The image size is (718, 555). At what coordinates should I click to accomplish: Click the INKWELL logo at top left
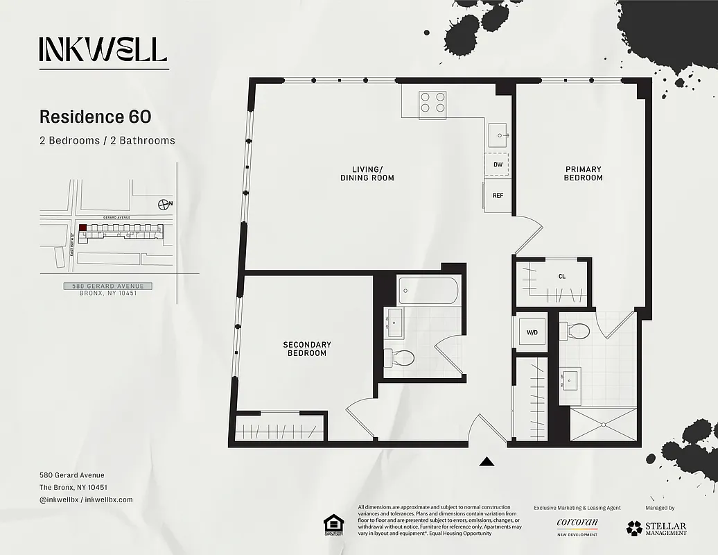point(103,49)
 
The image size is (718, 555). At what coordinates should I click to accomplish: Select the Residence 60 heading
point(95,117)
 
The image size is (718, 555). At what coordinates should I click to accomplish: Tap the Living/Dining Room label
point(367,173)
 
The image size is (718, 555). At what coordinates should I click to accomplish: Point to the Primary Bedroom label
point(583,173)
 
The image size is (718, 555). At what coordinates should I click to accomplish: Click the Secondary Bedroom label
point(306,349)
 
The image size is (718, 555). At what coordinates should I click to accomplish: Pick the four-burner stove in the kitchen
point(432,103)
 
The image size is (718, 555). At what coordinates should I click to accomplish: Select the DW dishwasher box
point(497,164)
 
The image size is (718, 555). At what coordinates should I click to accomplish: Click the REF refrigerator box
point(498,196)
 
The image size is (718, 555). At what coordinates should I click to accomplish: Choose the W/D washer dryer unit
point(532,332)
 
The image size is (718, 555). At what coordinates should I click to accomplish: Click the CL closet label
point(561,276)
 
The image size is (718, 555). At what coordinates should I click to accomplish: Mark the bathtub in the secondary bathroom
point(428,290)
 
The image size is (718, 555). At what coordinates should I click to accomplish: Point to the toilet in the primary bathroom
point(576,332)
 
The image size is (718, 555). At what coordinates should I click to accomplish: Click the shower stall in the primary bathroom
point(603,424)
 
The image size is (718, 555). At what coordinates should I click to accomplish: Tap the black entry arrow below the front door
point(487,461)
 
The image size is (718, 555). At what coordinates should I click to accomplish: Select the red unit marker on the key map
point(83,228)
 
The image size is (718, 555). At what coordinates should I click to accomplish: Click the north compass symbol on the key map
point(164,204)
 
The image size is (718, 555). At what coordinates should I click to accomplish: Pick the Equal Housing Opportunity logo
point(333,525)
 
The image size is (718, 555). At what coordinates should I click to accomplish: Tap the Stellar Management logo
point(656,528)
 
